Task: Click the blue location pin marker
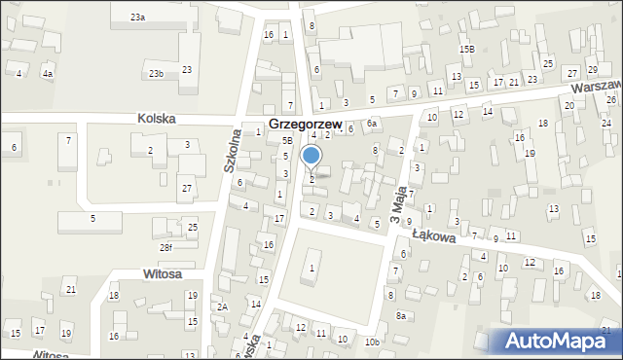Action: (311, 157)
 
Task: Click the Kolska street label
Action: (157, 118)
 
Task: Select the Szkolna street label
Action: (232, 150)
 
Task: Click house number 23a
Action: (138, 18)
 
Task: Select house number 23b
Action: (156, 74)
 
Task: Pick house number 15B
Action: (467, 49)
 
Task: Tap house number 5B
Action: (287, 141)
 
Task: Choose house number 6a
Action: (371, 124)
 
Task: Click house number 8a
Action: (400, 315)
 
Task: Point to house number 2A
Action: (222, 306)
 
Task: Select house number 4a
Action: (48, 73)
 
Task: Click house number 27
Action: (186, 188)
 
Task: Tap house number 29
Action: (592, 71)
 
